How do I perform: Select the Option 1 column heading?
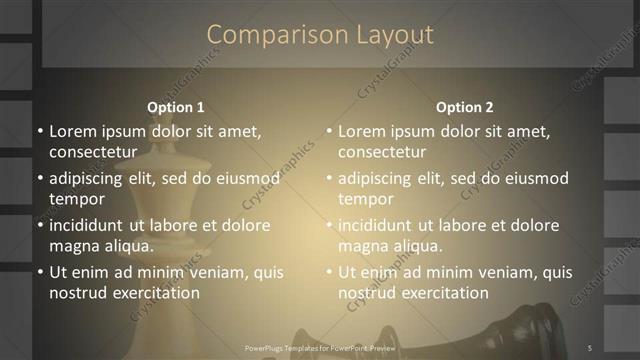click(x=176, y=107)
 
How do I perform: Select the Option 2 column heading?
click(x=465, y=107)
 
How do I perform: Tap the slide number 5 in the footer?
click(x=590, y=347)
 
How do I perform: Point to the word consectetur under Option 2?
click(x=382, y=152)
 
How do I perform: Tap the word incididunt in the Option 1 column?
click(x=90, y=225)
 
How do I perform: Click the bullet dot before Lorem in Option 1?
click(x=40, y=131)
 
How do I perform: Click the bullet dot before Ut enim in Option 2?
click(x=329, y=272)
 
